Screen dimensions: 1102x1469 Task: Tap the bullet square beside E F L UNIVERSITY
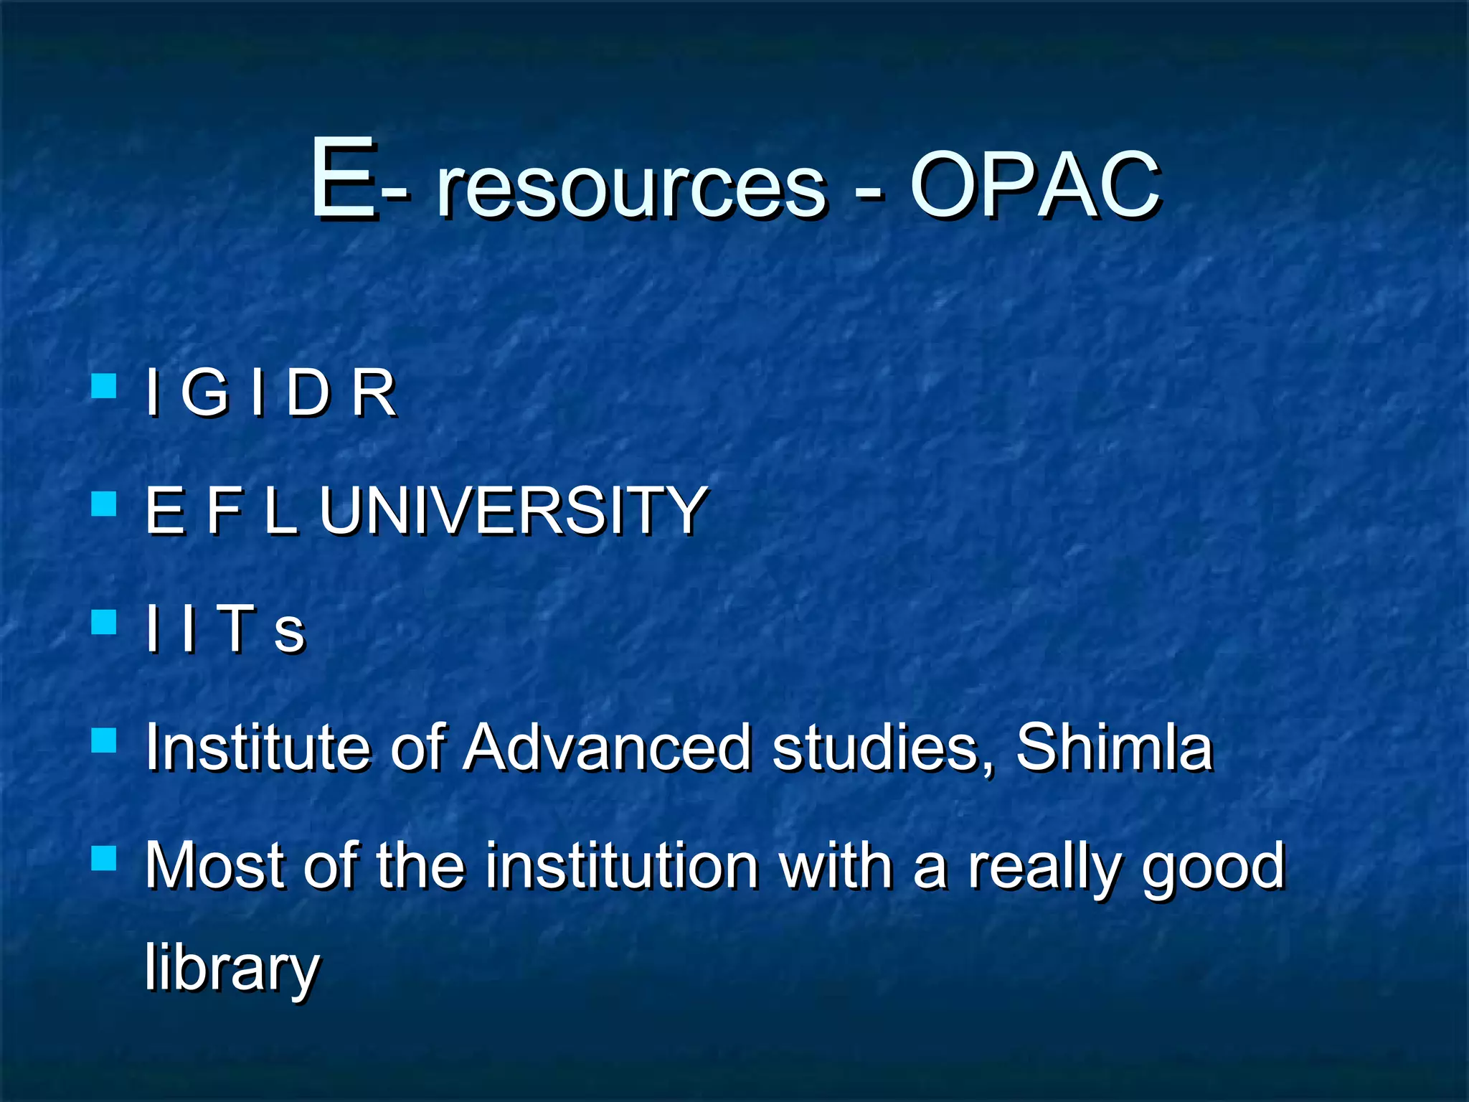[105, 504]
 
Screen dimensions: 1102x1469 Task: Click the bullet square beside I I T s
[105, 622]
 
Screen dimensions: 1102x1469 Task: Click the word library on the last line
[232, 969]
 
